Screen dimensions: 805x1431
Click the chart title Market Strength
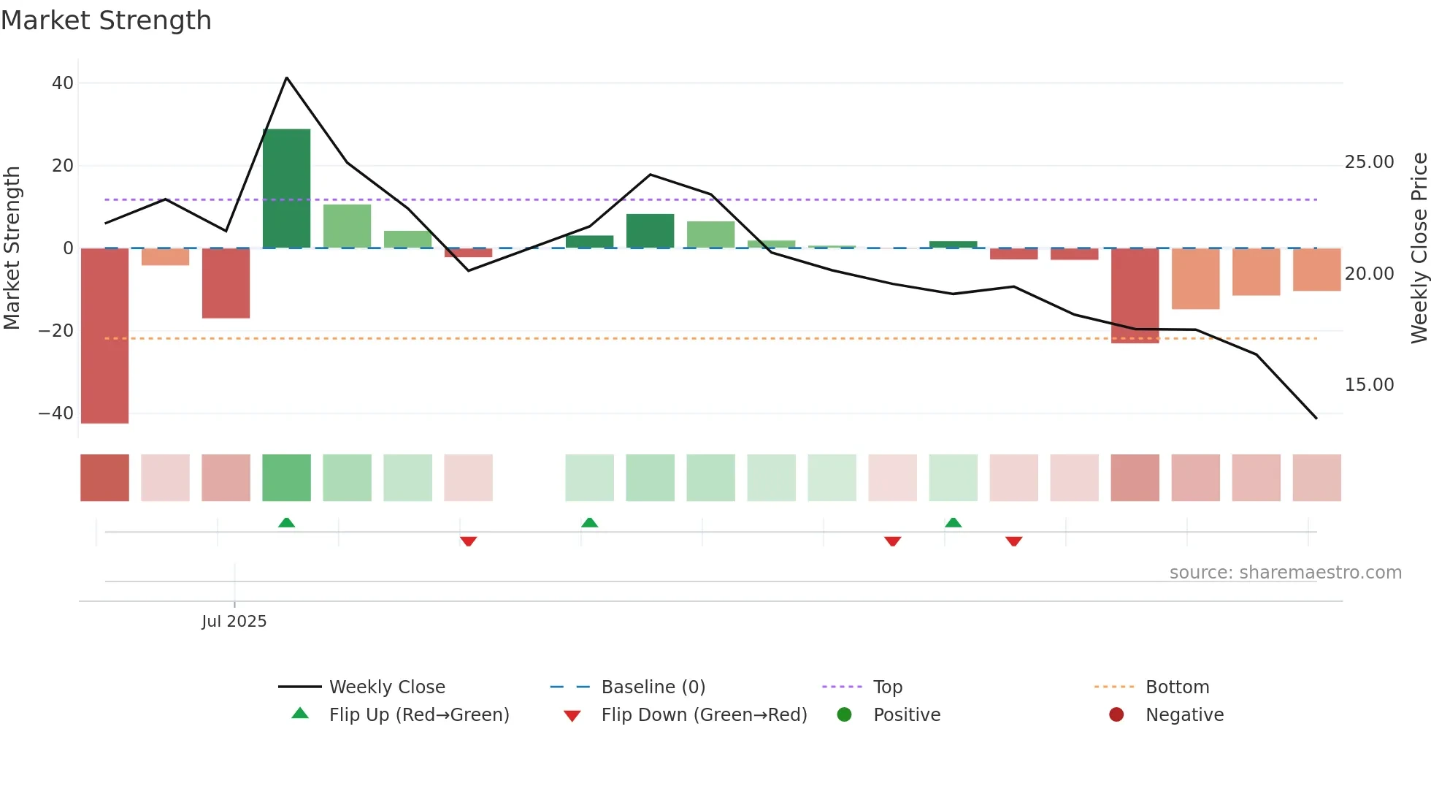107,20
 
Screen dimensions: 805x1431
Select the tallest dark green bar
286,188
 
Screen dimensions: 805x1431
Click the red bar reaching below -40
104,336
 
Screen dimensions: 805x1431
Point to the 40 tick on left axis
63,83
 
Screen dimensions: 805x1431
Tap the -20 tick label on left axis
56,331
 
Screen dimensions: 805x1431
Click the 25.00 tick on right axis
1369,162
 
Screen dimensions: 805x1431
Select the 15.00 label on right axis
1369,385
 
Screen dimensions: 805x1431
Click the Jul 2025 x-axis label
234,622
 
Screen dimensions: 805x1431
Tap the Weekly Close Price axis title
1419,248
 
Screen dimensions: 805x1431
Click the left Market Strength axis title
12,248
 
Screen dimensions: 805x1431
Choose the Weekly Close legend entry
386,687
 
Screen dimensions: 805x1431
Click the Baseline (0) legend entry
653,687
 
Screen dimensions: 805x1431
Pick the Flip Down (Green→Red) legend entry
703,715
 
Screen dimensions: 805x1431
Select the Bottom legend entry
1177,687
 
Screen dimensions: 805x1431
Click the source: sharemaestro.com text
1285,573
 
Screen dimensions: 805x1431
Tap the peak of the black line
287,77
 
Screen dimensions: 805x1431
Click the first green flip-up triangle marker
287,523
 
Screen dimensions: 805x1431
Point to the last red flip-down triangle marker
1013,541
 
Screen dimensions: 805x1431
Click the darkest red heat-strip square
104,478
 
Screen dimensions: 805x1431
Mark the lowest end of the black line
1316,419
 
